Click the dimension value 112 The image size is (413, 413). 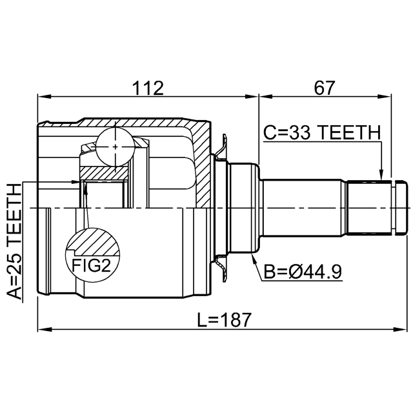tap(148, 88)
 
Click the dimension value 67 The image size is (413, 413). tap(325, 88)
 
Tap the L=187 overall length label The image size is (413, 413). tap(224, 320)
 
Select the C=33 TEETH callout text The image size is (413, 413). tap(322, 132)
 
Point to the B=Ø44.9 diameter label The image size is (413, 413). tap(303, 272)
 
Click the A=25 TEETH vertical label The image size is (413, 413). tap(14, 241)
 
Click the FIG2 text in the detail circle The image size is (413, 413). tap(91, 265)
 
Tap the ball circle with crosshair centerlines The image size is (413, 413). tap(115, 146)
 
